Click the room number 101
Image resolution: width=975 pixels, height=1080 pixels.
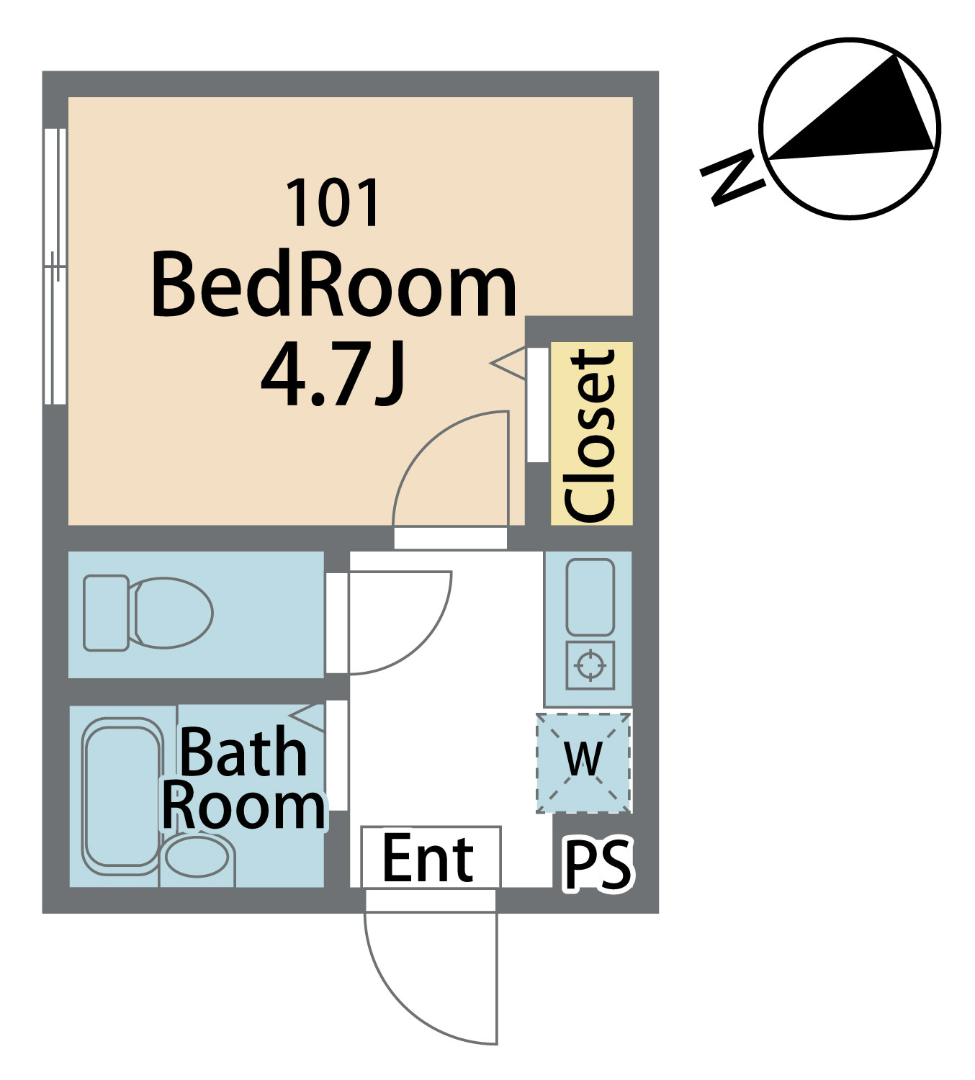333,203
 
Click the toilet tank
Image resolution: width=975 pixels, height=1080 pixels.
106,613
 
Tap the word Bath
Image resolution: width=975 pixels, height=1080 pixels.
243,752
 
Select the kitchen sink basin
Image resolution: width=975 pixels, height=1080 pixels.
590,598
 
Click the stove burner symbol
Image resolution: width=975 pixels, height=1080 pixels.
590,665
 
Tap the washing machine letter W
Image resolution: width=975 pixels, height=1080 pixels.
583,758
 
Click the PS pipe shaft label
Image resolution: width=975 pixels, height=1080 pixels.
598,863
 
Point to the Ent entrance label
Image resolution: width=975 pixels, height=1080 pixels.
428,858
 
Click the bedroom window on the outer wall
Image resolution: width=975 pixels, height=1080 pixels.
55,266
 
